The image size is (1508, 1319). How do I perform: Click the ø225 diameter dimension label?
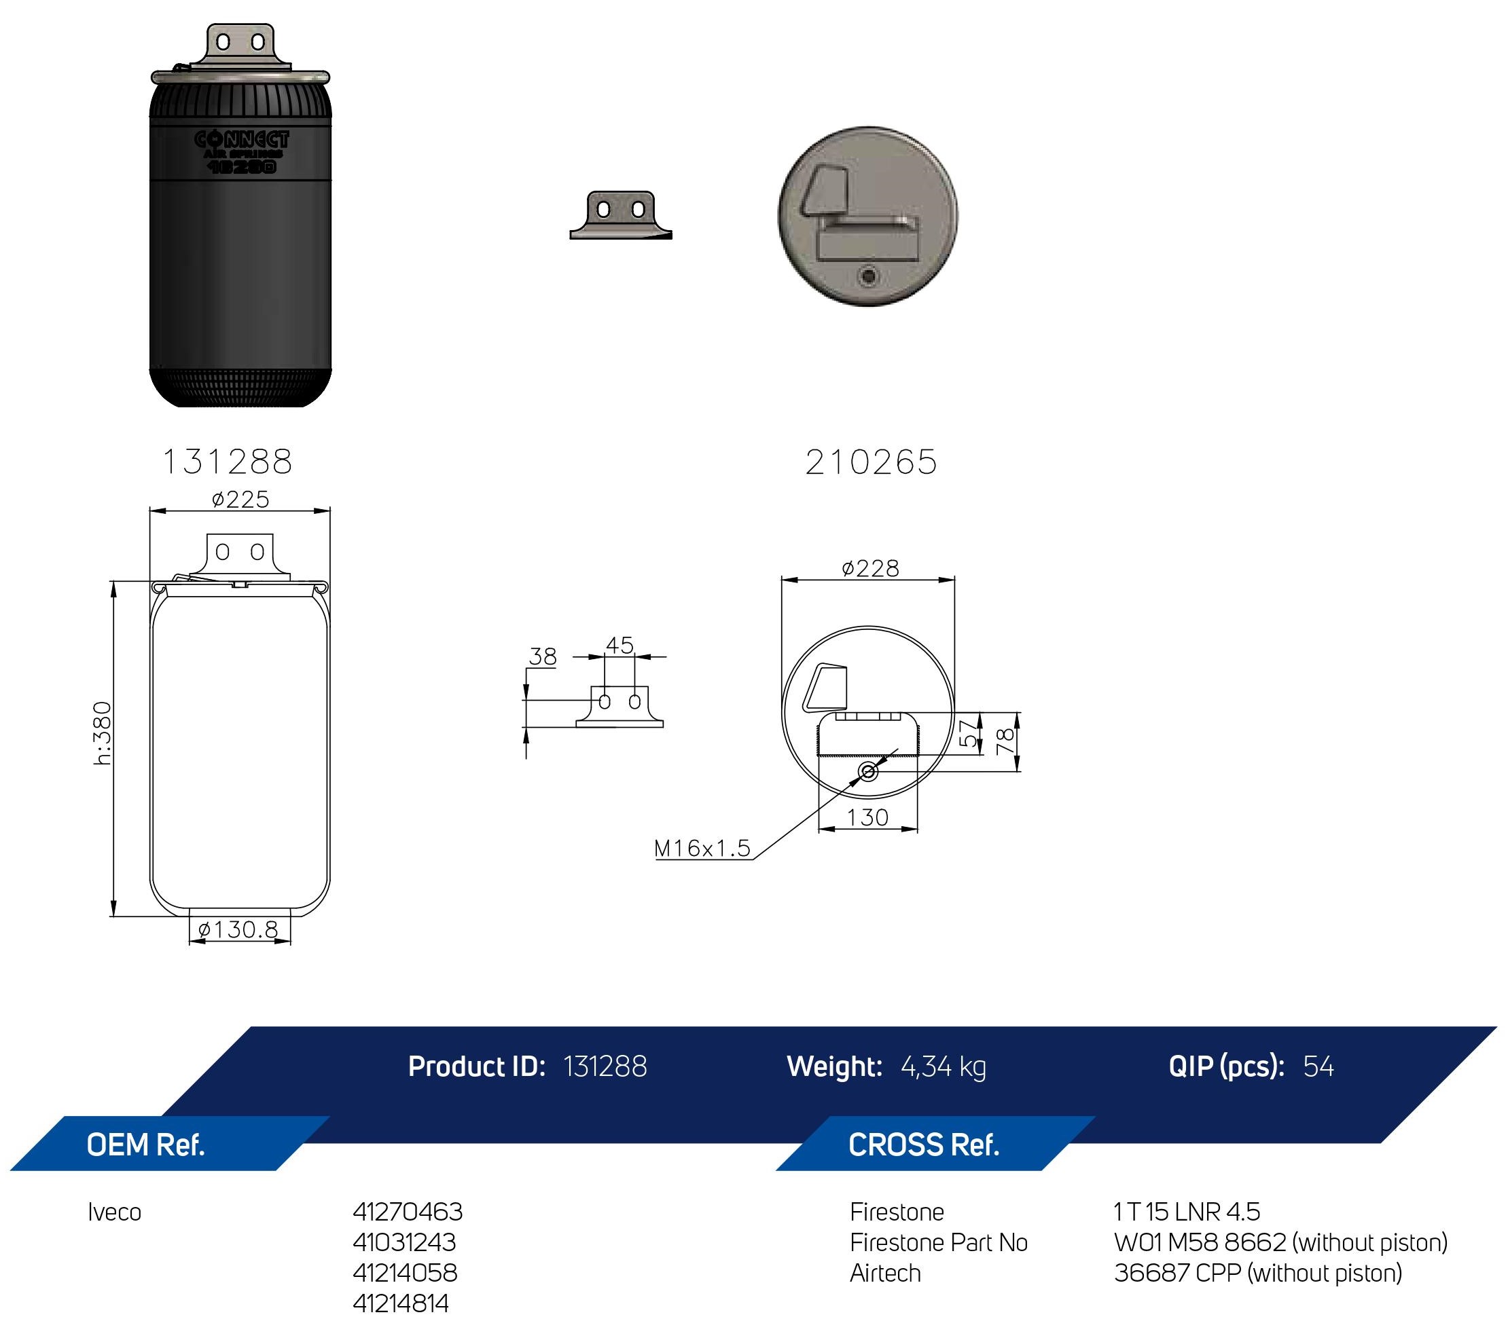(x=240, y=500)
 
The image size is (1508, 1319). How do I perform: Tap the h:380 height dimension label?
(x=103, y=733)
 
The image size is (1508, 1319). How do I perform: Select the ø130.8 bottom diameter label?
(x=238, y=929)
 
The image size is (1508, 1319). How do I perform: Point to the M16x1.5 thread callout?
(x=702, y=849)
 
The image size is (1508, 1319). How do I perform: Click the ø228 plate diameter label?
(x=870, y=568)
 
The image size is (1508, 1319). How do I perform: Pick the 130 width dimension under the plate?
(x=867, y=818)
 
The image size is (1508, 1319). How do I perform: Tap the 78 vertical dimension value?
(x=1005, y=741)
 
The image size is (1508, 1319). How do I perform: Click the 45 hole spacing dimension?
(x=620, y=646)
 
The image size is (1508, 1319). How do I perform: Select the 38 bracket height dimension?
(x=543, y=656)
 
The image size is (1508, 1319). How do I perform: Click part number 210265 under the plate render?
(x=871, y=463)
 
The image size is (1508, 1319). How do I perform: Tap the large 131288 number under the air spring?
(x=228, y=462)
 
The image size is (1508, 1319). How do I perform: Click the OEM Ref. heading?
(x=146, y=1145)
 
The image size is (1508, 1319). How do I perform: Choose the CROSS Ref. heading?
(x=923, y=1145)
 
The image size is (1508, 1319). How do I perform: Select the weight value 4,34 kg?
(x=944, y=1066)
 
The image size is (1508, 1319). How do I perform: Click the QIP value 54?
(x=1318, y=1066)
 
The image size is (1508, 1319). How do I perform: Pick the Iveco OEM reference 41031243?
(x=404, y=1242)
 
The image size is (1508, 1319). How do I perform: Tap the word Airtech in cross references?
(x=885, y=1273)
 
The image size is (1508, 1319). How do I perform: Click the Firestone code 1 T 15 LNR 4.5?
(x=1187, y=1212)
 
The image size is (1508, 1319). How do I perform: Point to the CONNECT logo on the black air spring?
(x=242, y=139)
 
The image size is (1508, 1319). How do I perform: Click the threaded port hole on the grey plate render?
(x=869, y=277)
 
